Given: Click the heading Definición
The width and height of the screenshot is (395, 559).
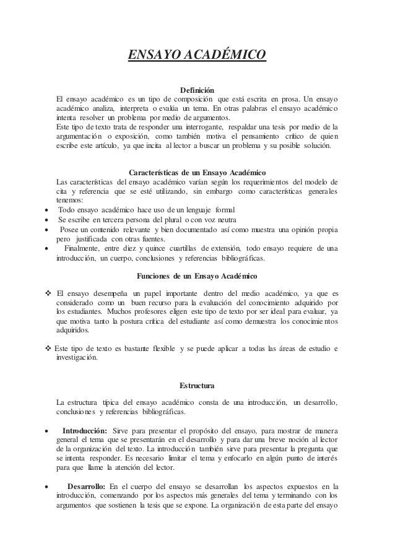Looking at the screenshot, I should click(x=197, y=90).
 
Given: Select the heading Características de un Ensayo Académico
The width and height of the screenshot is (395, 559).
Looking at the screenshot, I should click(x=197, y=171).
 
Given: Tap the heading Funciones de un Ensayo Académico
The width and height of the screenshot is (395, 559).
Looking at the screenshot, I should click(x=197, y=275).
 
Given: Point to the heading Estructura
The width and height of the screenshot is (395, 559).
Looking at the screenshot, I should click(x=197, y=386).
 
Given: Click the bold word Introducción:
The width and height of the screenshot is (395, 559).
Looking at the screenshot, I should click(x=85, y=430).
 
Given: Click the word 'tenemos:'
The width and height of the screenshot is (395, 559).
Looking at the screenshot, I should click(x=66, y=201).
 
